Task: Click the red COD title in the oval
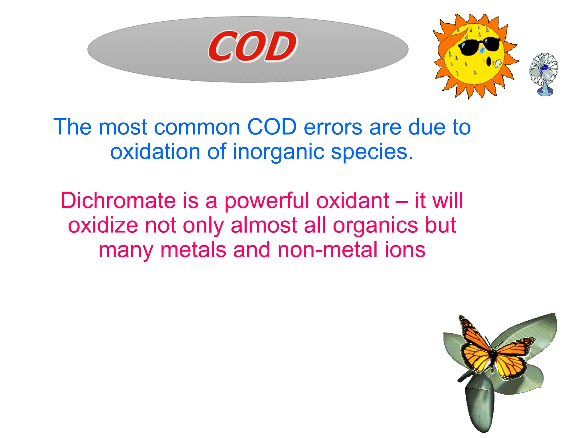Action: pyautogui.click(x=252, y=47)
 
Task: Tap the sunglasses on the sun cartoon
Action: pyautogui.click(x=479, y=46)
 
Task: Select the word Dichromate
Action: pyautogui.click(x=118, y=200)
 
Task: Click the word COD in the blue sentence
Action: pyautogui.click(x=272, y=127)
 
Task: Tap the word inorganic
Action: pyautogui.click(x=278, y=152)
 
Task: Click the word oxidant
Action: pyautogui.click(x=353, y=200)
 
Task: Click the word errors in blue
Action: pyautogui.click(x=333, y=127)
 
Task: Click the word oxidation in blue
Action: pyautogui.click(x=155, y=152)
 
